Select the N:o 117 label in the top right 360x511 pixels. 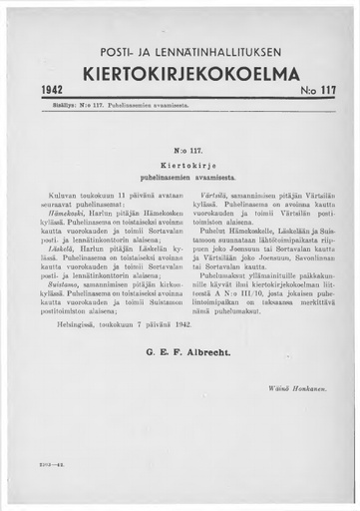point(317,90)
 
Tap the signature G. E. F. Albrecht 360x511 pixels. point(181,380)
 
